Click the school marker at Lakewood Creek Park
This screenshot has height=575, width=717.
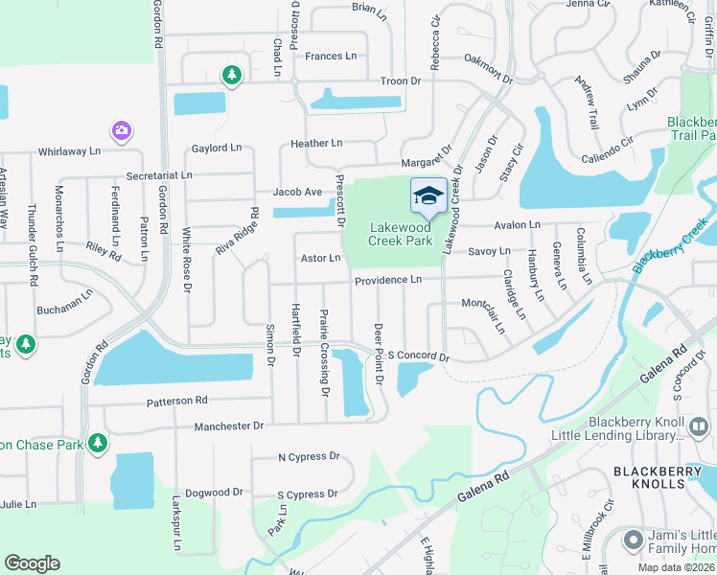click(428, 196)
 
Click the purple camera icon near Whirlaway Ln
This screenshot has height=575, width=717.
click(121, 129)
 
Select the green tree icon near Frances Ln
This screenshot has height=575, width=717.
click(230, 74)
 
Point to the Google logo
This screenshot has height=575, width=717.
click(32, 563)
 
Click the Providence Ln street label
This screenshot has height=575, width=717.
click(387, 280)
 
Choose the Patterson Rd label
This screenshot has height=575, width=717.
click(176, 400)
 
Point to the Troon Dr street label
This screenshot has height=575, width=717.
click(401, 81)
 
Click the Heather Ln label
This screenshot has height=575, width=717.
click(316, 143)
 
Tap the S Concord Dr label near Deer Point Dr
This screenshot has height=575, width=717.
click(418, 356)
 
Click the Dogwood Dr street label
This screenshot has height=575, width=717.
click(214, 493)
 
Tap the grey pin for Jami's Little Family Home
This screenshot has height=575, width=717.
click(633, 540)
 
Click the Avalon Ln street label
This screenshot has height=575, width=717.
click(517, 225)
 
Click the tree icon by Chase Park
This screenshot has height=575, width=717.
click(97, 443)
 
